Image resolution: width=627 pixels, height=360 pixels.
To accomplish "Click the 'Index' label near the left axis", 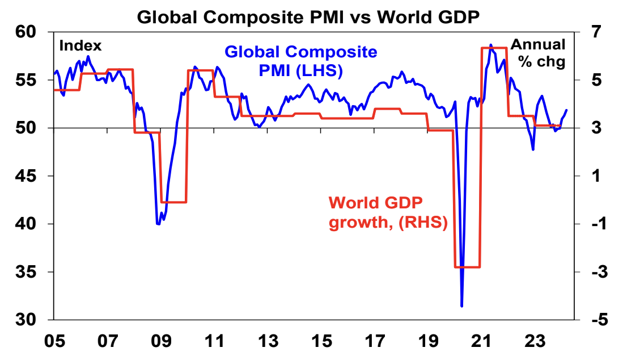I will tap(80, 45).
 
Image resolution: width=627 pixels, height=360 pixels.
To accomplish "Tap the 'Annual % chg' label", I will tap(539, 53).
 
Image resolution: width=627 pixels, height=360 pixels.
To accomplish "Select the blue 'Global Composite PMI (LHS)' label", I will tap(300, 61).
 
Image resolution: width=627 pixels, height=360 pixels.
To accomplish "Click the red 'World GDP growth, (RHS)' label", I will tap(388, 213).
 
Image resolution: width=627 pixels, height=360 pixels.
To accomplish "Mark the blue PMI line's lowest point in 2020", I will tap(462, 306).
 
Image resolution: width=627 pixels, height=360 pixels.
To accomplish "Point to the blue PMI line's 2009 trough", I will tap(158, 224).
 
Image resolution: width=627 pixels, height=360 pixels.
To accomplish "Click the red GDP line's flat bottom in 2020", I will tap(468, 267).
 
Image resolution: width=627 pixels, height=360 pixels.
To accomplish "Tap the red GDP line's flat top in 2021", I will tap(493, 48).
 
